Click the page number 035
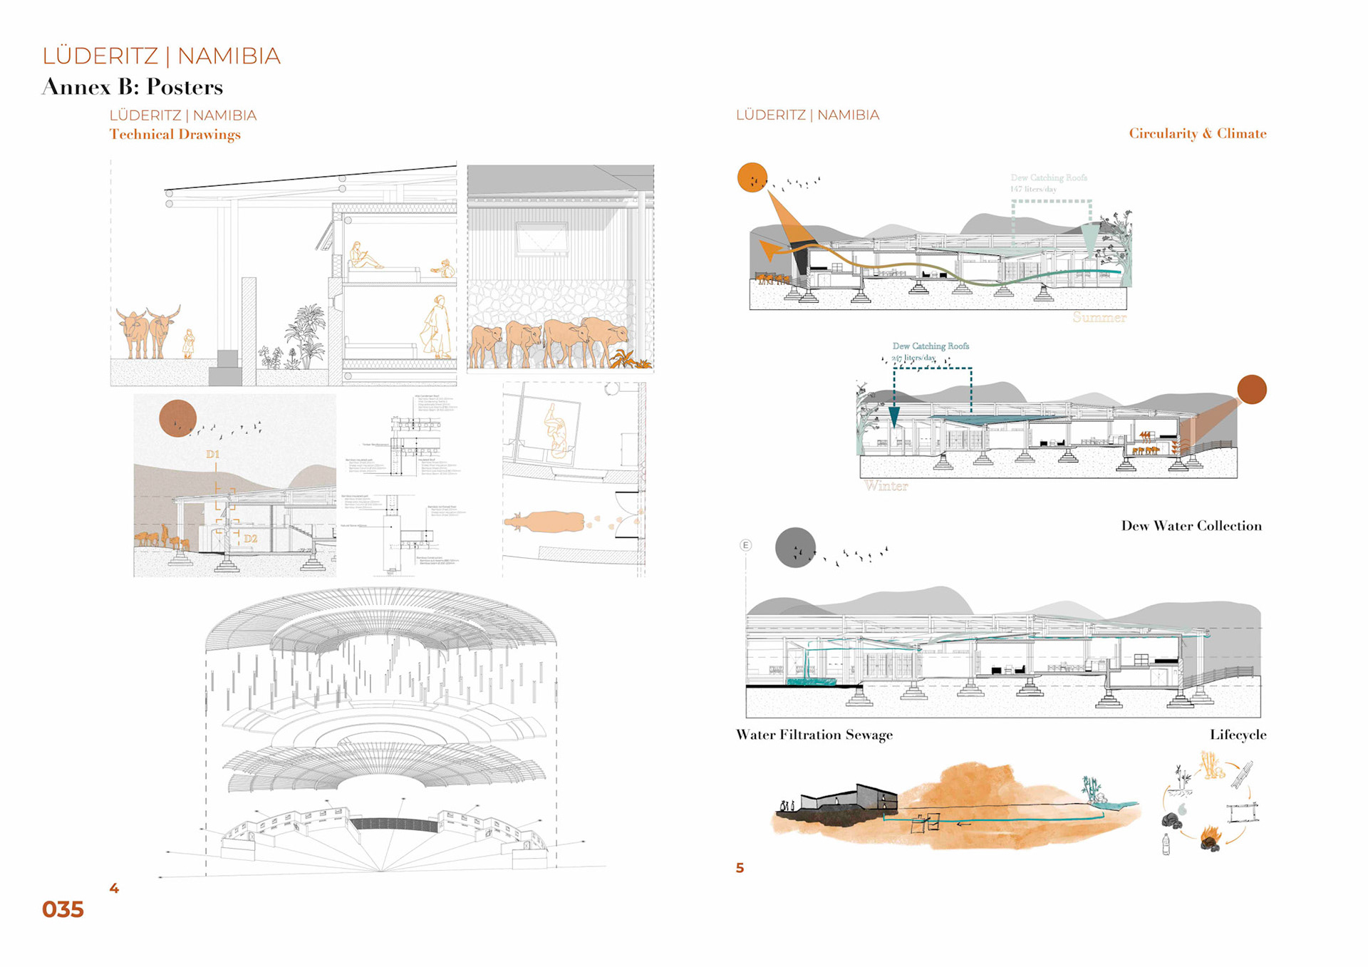tap(63, 909)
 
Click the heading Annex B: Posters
tap(133, 87)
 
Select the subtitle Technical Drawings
tap(175, 134)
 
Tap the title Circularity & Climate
tap(1197, 133)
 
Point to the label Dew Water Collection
tap(1191, 526)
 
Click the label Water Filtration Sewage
tap(814, 735)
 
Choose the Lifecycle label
tap(1238, 735)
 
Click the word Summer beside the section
tap(1099, 318)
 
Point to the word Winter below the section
tap(886, 486)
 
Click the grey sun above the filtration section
tap(795, 547)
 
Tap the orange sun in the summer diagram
tap(752, 177)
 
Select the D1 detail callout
tap(213, 454)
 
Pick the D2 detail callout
tap(250, 539)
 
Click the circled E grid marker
tap(745, 545)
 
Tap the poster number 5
tap(740, 868)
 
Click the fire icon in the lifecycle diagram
tap(1211, 837)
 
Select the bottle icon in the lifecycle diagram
tap(1166, 845)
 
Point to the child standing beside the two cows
tap(189, 343)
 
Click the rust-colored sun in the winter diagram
tap(1251, 389)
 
